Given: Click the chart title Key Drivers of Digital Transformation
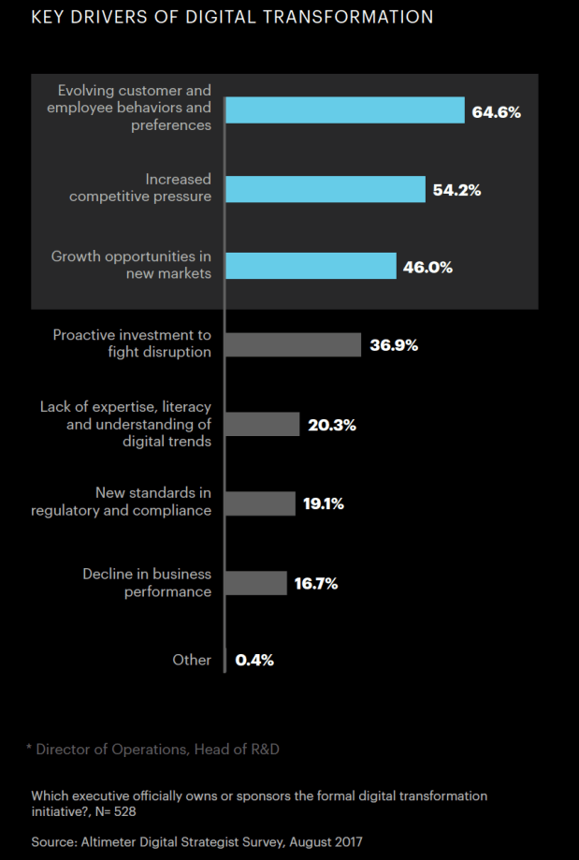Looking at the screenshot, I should [232, 18].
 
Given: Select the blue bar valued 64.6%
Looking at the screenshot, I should [345, 110].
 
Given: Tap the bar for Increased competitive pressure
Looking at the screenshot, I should [326, 189].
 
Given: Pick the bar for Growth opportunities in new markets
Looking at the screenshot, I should [311, 266].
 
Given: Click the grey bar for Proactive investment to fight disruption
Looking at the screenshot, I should [293, 344].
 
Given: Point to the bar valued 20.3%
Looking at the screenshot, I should [263, 424].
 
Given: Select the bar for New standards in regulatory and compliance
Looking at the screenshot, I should [260, 503].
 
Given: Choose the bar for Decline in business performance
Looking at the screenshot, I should [256, 583].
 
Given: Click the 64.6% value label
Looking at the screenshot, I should [496, 112].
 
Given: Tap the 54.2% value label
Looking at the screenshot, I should [457, 190].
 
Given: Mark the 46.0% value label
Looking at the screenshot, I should [428, 267].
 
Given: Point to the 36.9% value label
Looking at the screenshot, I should [393, 345].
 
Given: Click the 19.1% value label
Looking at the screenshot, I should [323, 503].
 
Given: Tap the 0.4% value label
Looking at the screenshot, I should [254, 660].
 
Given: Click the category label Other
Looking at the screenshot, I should [192, 660].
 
